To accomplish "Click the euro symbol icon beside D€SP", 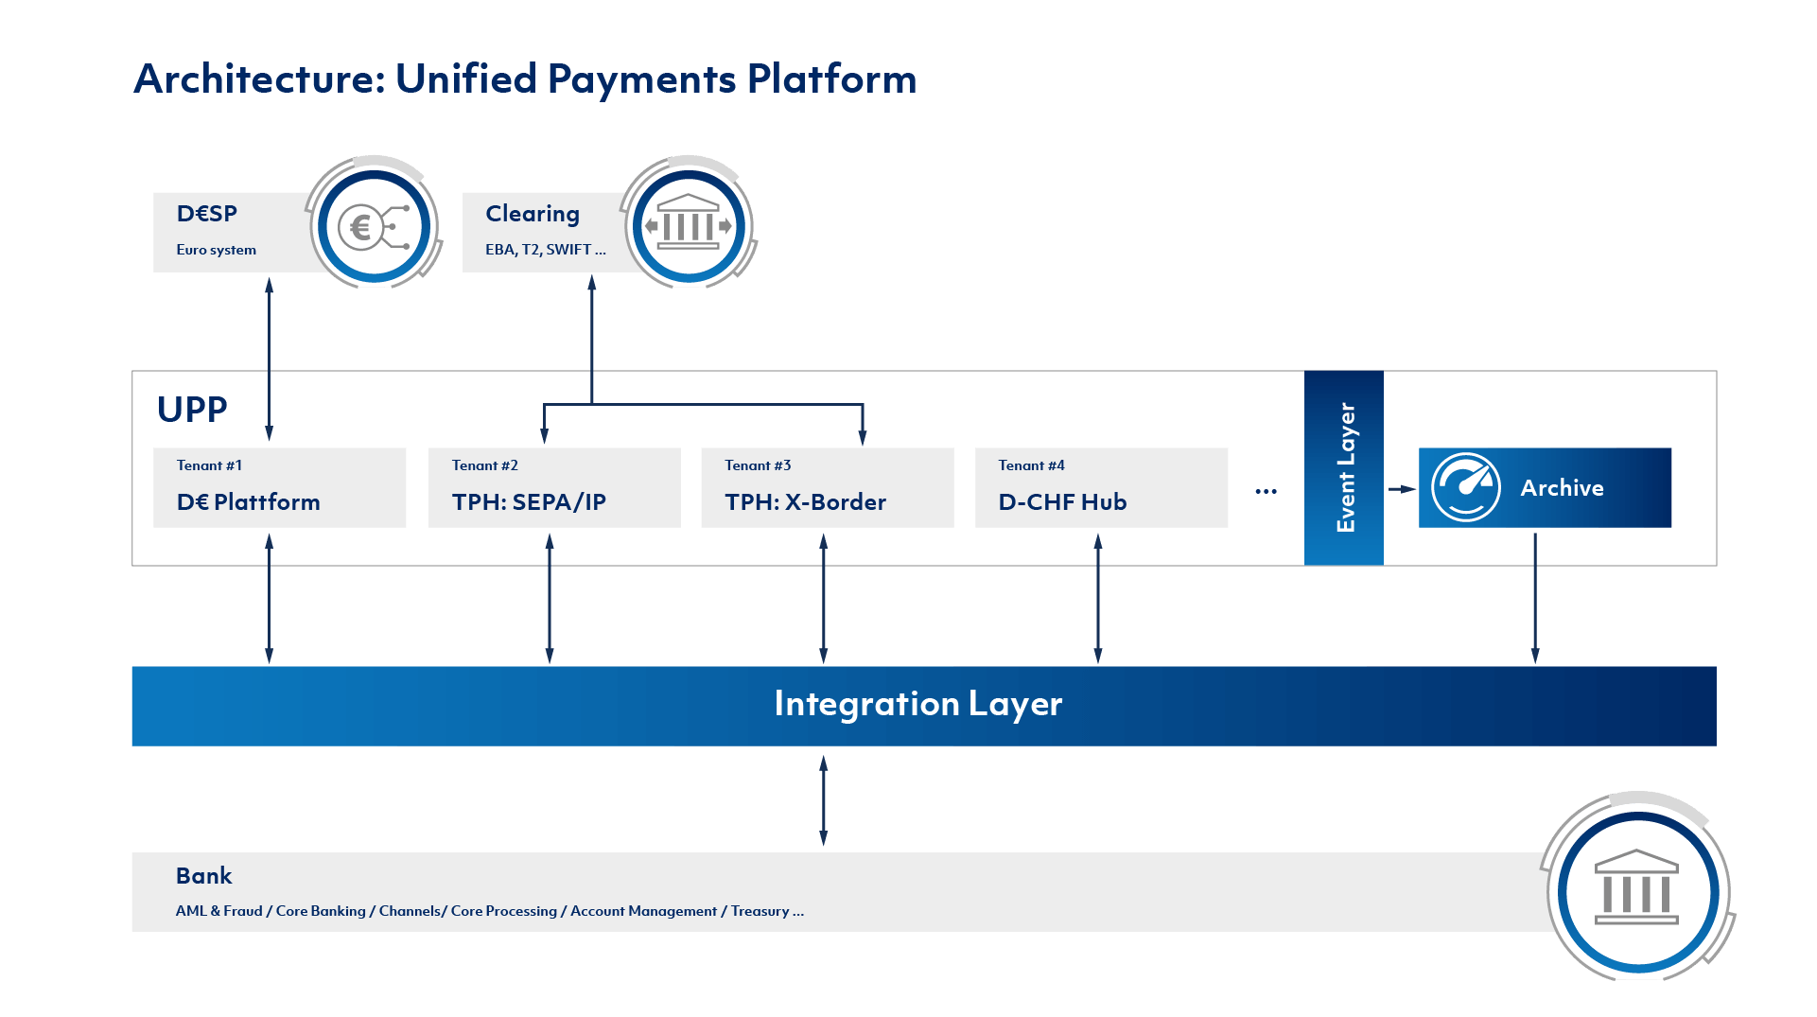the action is [375, 226].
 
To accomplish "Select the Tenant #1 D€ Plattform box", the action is [279, 487].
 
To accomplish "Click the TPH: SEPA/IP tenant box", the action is [554, 487].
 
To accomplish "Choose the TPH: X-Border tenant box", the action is [828, 487].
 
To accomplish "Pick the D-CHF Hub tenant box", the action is [1101, 487].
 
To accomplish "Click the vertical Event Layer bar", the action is [1343, 468].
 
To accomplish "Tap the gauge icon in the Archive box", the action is [1466, 487].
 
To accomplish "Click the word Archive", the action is [1562, 488].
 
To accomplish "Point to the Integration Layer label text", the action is [917, 704].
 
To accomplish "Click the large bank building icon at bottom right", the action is [1636, 886].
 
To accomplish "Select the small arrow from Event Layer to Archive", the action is [1402, 489].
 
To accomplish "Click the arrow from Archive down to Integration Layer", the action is [1535, 598].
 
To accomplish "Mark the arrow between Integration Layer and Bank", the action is [824, 800].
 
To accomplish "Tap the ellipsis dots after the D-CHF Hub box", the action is [1267, 492].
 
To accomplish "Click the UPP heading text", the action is [192, 410].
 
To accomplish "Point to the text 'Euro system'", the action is [216, 250].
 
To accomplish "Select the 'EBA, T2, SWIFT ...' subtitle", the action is [546, 250].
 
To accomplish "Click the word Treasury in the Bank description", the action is [760, 911].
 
